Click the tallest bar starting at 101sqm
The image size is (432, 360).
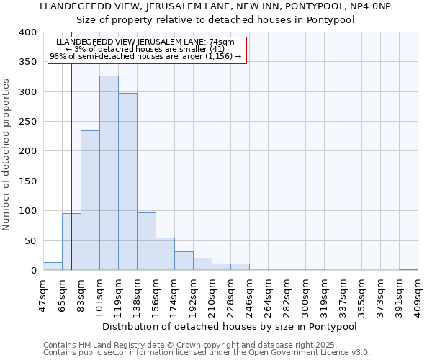pyautogui.click(x=109, y=173)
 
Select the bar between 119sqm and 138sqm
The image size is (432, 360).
pyautogui.click(x=127, y=181)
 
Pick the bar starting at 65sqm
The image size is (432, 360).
pyautogui.click(x=71, y=242)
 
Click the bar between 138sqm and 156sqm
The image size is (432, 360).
pyautogui.click(x=146, y=241)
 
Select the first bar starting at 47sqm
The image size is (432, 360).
pyautogui.click(x=53, y=266)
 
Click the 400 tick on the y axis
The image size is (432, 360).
pyautogui.click(x=28, y=32)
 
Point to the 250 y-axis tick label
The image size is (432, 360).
pyautogui.click(x=28, y=122)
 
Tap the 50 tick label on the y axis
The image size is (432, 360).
pyautogui.click(x=31, y=240)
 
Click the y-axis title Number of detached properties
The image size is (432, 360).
pyautogui.click(x=7, y=151)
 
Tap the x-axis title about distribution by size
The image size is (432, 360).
pyautogui.click(x=230, y=326)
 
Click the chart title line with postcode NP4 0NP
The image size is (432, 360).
pyautogui.click(x=215, y=6)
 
